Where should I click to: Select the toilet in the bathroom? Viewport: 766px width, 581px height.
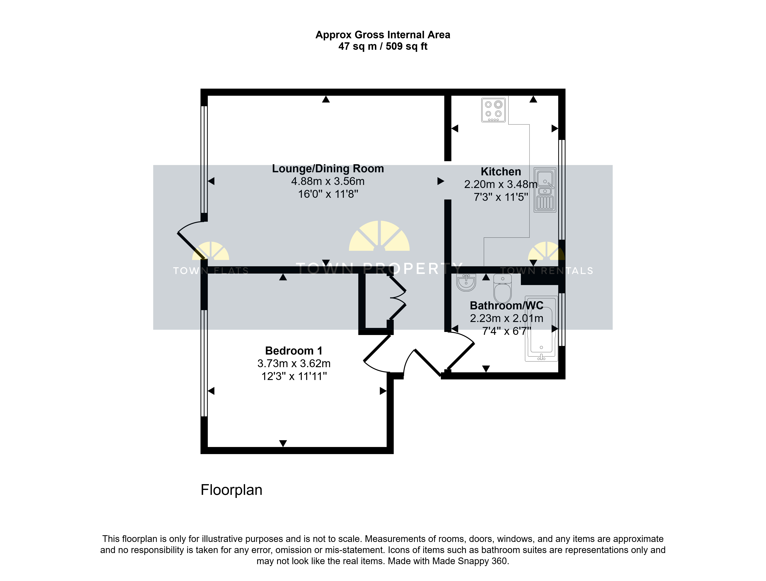(x=502, y=289)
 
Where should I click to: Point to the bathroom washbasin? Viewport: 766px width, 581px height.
(x=466, y=282)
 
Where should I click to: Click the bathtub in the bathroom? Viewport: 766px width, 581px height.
(x=541, y=328)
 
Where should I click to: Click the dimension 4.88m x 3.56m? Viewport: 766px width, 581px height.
(x=328, y=181)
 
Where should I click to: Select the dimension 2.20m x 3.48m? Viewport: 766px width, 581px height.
(x=501, y=184)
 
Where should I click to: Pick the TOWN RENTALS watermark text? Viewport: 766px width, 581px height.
(x=547, y=271)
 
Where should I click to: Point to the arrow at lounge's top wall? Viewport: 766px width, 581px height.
(x=326, y=99)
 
